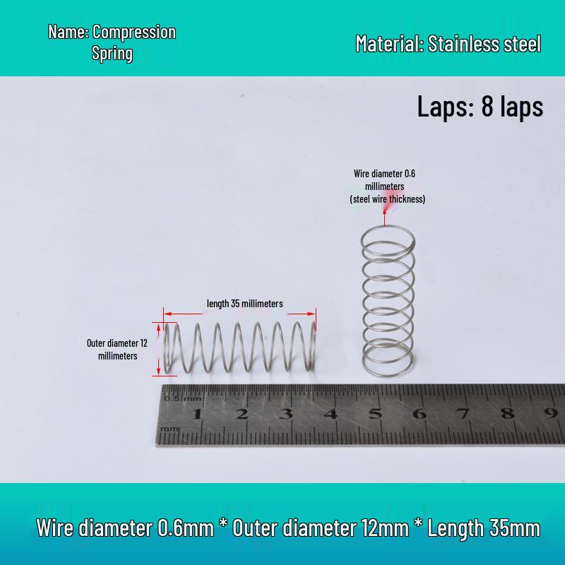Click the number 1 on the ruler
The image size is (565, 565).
click(197, 414)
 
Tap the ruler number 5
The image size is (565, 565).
click(375, 414)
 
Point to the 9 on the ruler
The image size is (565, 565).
click(551, 413)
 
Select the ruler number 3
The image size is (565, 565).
click(287, 414)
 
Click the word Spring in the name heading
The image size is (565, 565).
click(112, 54)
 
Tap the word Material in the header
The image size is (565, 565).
click(389, 44)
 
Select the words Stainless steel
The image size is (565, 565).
click(484, 44)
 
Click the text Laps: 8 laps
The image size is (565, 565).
click(480, 107)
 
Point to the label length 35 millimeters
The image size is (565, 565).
click(244, 304)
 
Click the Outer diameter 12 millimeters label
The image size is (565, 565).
click(117, 349)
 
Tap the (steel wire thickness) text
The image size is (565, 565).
click(387, 199)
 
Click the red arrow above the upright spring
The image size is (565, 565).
click(385, 218)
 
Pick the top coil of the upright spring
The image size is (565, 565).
click(388, 227)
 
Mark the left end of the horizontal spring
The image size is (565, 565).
click(167, 347)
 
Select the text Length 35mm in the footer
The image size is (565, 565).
click(484, 528)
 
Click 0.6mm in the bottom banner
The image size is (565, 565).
click(186, 528)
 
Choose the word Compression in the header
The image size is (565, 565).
click(134, 32)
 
